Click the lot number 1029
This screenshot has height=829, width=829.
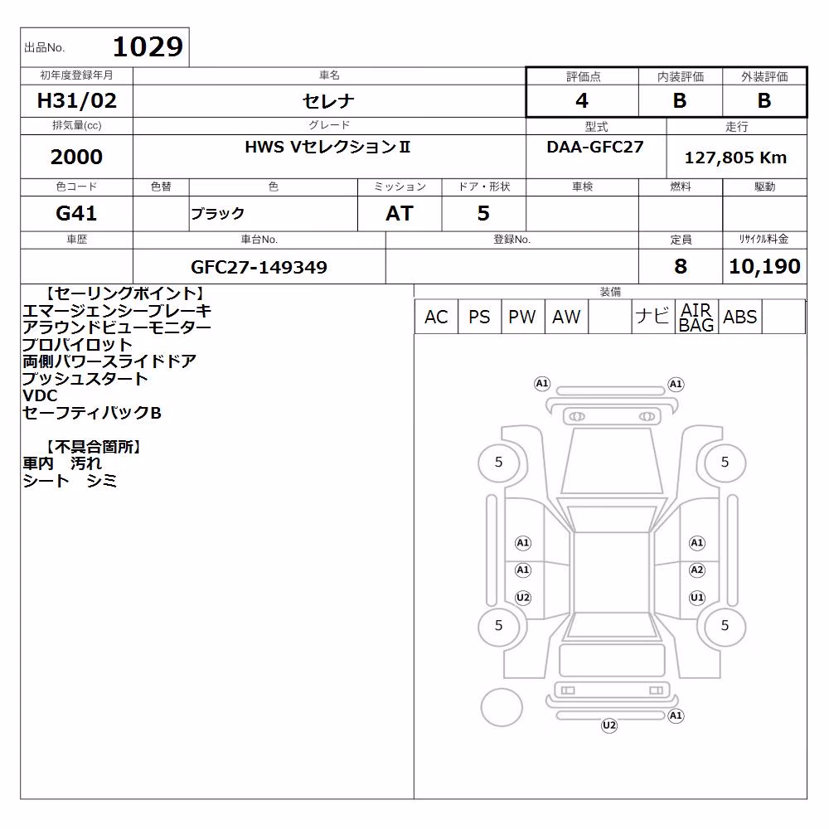[148, 46]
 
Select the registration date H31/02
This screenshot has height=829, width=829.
[76, 100]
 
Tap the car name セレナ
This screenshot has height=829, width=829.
[328, 101]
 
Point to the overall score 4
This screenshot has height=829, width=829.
[582, 100]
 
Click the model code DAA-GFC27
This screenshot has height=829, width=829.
[595, 147]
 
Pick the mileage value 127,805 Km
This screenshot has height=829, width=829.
[735, 158]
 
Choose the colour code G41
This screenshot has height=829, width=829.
[76, 213]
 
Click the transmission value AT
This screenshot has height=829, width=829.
[400, 213]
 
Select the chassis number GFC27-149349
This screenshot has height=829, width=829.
[259, 267]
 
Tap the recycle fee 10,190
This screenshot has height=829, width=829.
[764, 266]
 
